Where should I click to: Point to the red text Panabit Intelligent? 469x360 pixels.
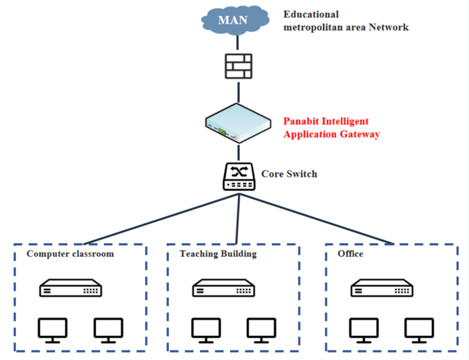coord(325,122)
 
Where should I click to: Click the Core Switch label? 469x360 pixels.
coord(289,174)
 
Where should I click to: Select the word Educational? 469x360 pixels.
coord(311,14)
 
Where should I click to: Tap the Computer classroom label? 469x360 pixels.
coord(70,254)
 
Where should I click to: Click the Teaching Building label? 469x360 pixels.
coord(218,254)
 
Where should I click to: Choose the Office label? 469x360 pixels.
coord(351,254)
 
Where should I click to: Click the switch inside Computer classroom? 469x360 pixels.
coord(70,289)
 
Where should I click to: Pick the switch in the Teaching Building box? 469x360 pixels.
coord(223,289)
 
